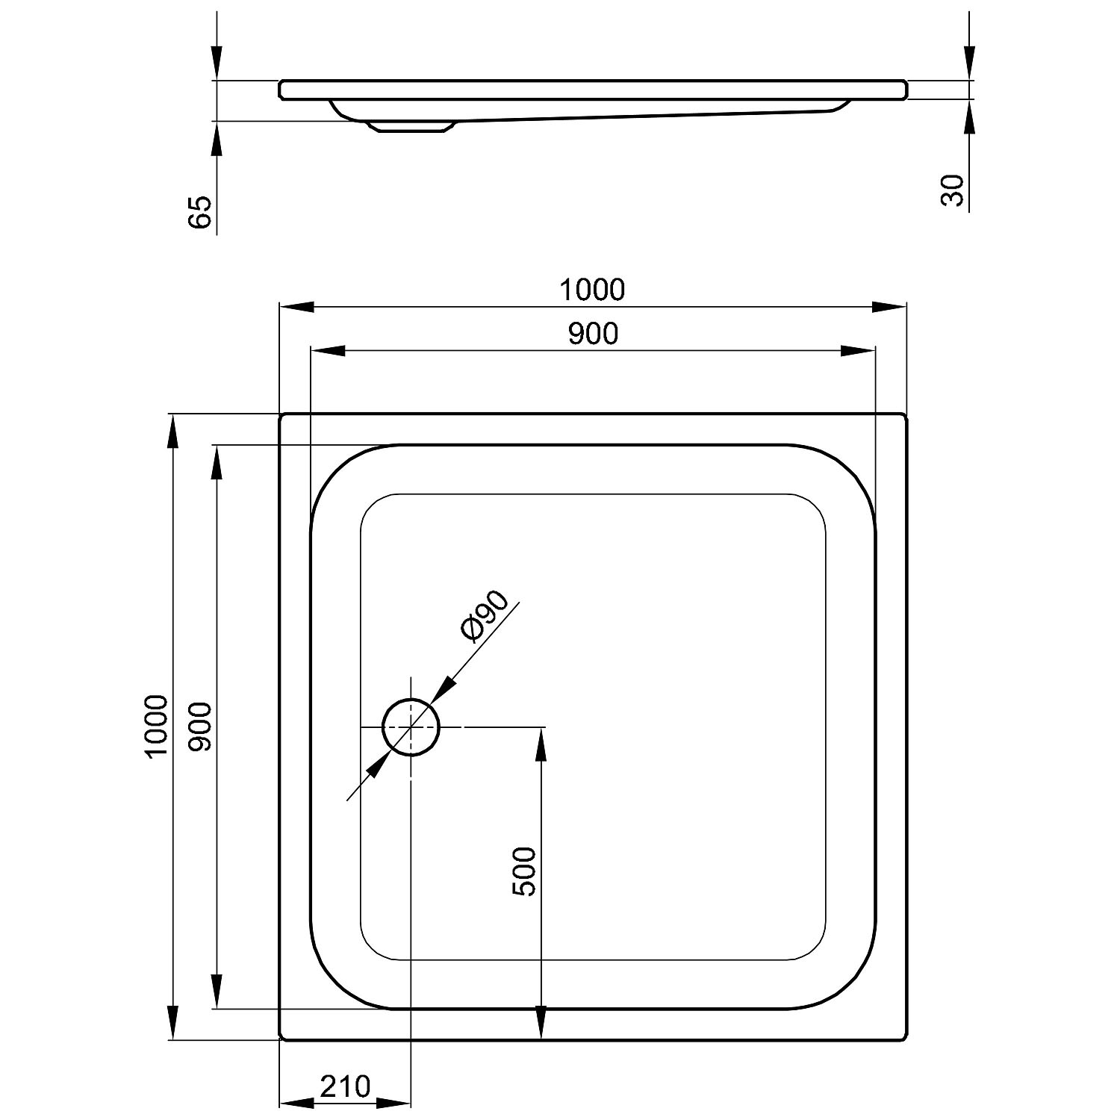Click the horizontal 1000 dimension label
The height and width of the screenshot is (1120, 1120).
pyautogui.click(x=592, y=290)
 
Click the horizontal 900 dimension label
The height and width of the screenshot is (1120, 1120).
pyautogui.click(x=594, y=334)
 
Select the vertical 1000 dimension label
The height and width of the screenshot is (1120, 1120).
pyautogui.click(x=157, y=726)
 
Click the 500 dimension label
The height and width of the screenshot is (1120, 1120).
pyautogui.click(x=524, y=871)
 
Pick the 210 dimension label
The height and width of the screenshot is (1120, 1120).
pyautogui.click(x=345, y=1086)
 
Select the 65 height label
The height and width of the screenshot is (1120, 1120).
pyautogui.click(x=200, y=212)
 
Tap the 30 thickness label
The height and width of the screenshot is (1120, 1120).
pyautogui.click(x=953, y=190)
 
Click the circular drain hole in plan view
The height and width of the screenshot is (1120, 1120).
pyautogui.click(x=411, y=727)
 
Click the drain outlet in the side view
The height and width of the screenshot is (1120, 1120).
pyautogui.click(x=408, y=128)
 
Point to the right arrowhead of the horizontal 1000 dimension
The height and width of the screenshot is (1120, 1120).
pyautogui.click(x=889, y=307)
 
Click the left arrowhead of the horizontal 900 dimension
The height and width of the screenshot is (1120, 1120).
pyautogui.click(x=327, y=351)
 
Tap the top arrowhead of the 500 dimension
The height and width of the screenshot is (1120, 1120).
pyautogui.click(x=541, y=744)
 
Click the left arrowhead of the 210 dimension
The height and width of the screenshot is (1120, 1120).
pyautogui.click(x=296, y=1104)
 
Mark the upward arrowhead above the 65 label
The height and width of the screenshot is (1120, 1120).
pyautogui.click(x=217, y=138)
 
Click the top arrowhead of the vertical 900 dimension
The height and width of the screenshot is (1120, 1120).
pyautogui.click(x=217, y=463)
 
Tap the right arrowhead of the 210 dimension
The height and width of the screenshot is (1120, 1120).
pyautogui.click(x=393, y=1104)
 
